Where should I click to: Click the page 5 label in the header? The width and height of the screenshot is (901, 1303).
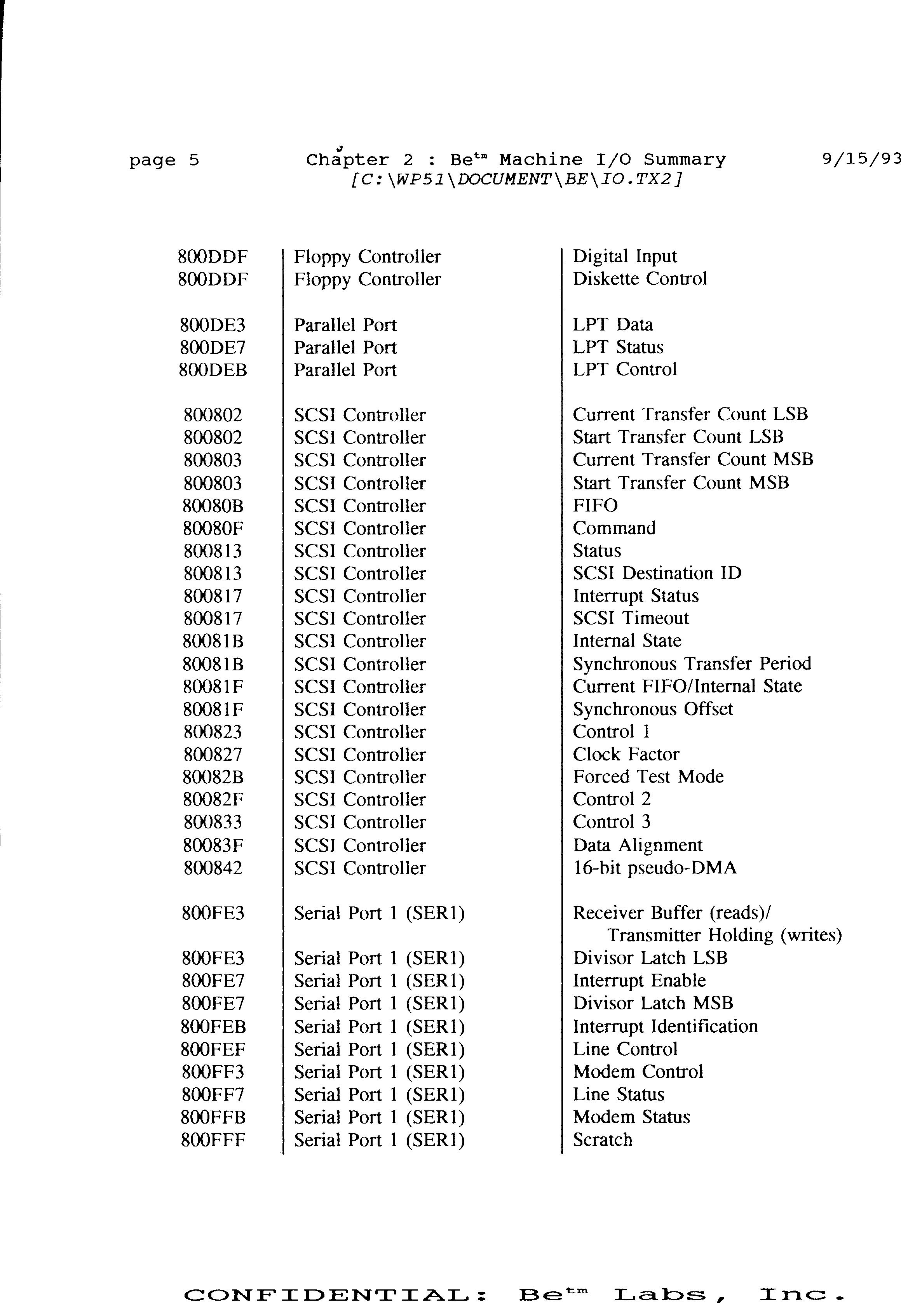point(164,161)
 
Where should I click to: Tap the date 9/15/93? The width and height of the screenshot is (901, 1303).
point(860,160)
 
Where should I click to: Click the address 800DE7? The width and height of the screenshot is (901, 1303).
point(213,348)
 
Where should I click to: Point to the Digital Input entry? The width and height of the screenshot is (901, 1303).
point(624,257)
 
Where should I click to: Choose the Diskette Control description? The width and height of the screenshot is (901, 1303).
point(639,279)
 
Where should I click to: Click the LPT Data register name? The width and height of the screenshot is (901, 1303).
point(613,325)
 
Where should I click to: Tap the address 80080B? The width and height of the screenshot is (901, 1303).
point(213,506)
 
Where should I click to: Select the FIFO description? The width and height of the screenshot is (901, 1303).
point(595,506)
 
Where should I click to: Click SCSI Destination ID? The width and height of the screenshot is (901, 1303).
point(657,573)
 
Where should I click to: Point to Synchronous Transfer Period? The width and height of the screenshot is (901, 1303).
point(692,664)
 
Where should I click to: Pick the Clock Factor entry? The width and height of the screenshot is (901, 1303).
point(626,755)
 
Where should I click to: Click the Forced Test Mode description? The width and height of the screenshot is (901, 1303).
point(648,777)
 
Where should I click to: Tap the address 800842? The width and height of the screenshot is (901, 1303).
point(213,868)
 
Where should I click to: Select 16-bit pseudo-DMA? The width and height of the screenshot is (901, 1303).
point(654,868)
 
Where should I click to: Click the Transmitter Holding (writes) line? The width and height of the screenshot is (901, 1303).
point(724,936)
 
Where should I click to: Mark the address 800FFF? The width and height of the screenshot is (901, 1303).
point(213,1141)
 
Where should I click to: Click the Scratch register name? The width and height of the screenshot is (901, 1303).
point(602,1140)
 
